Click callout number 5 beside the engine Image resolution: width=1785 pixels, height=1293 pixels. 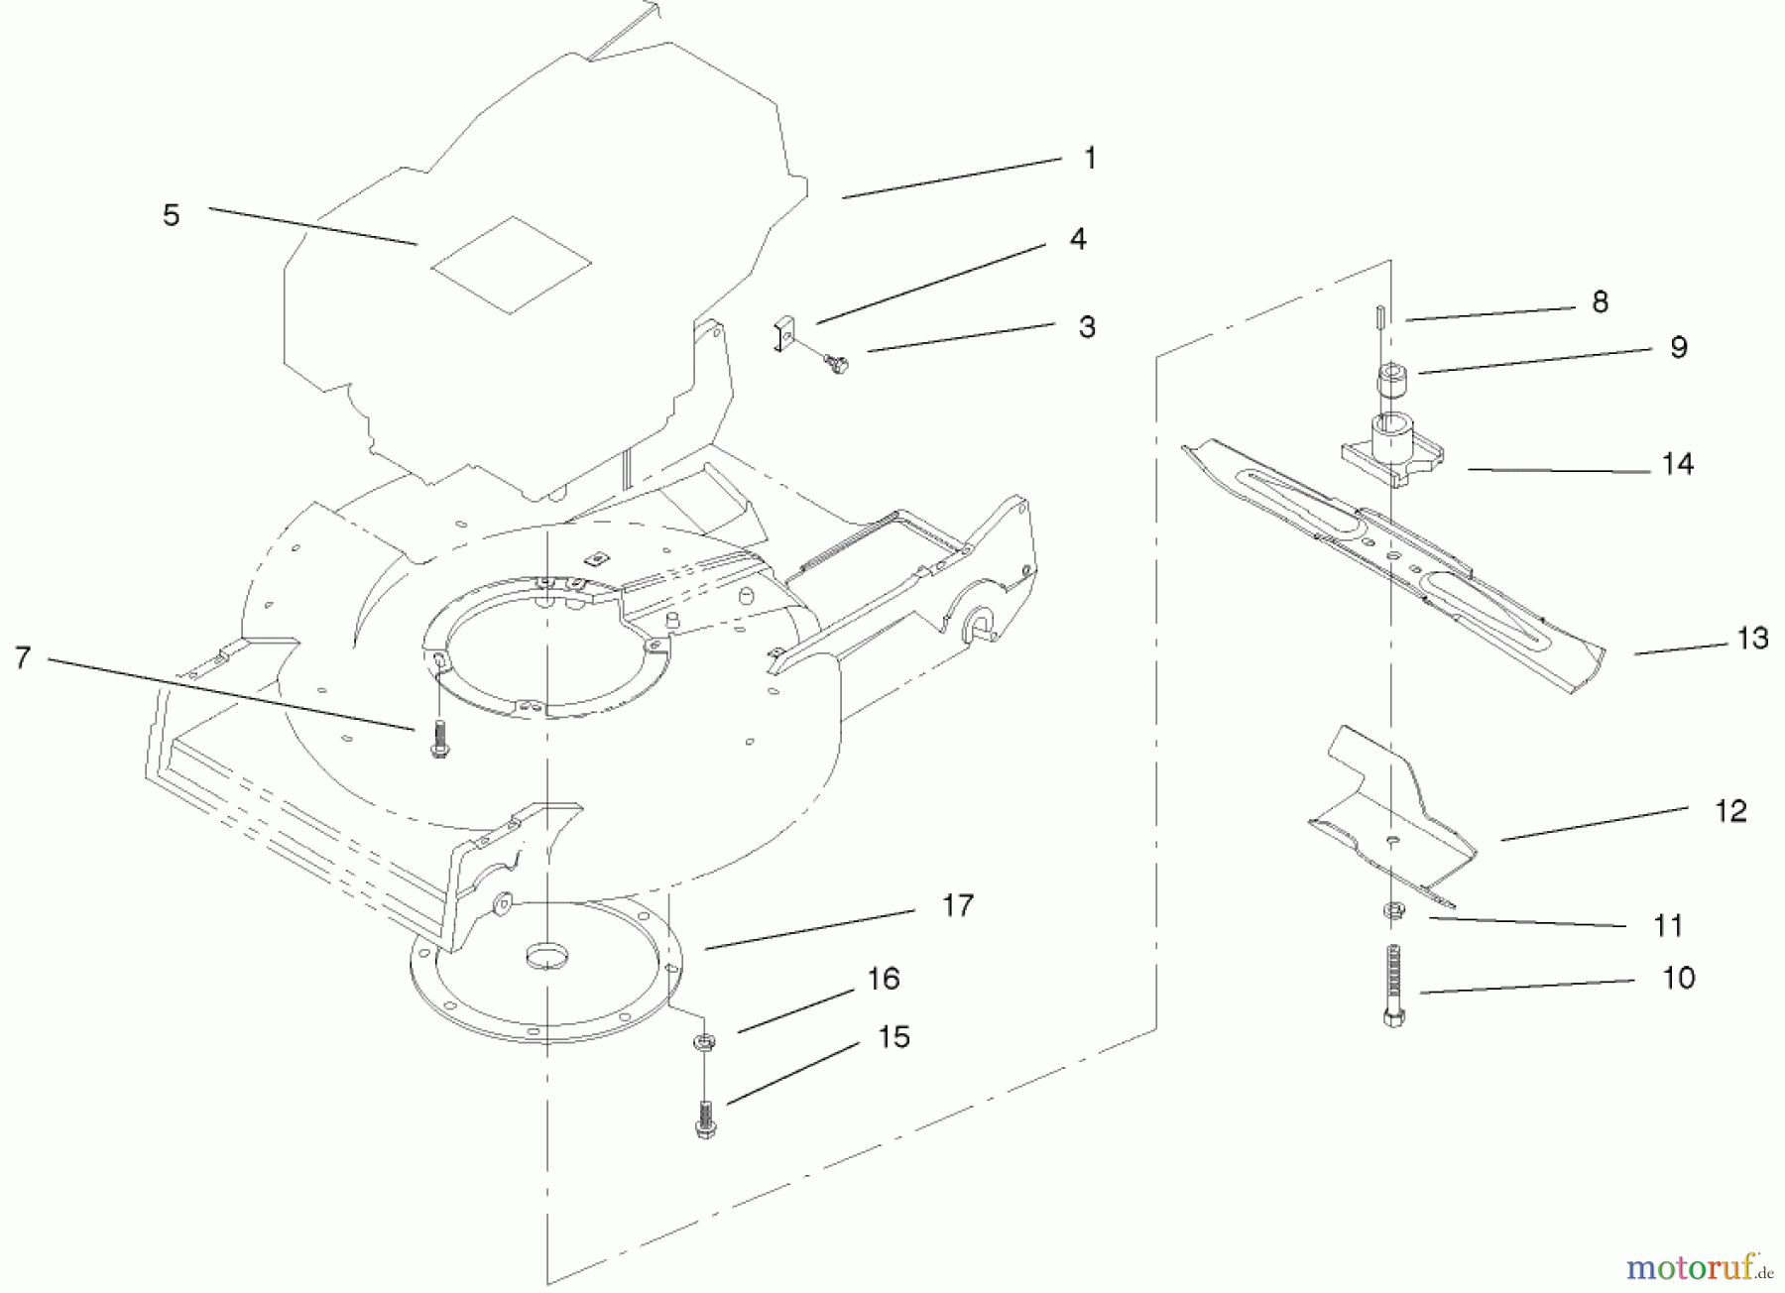pyautogui.click(x=172, y=215)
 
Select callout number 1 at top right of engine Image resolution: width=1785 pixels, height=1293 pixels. pyautogui.click(x=1090, y=159)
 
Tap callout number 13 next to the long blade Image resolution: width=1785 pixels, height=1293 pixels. pyautogui.click(x=1752, y=639)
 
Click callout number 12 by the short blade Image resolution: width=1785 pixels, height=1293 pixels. pyautogui.click(x=1730, y=811)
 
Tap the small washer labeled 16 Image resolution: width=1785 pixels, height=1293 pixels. pyautogui.click(x=704, y=1041)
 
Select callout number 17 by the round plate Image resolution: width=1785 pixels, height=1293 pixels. pyautogui.click(x=957, y=905)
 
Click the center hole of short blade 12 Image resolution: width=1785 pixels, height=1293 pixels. pyautogui.click(x=1393, y=838)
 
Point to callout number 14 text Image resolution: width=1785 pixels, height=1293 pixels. pyautogui.click(x=1677, y=464)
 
